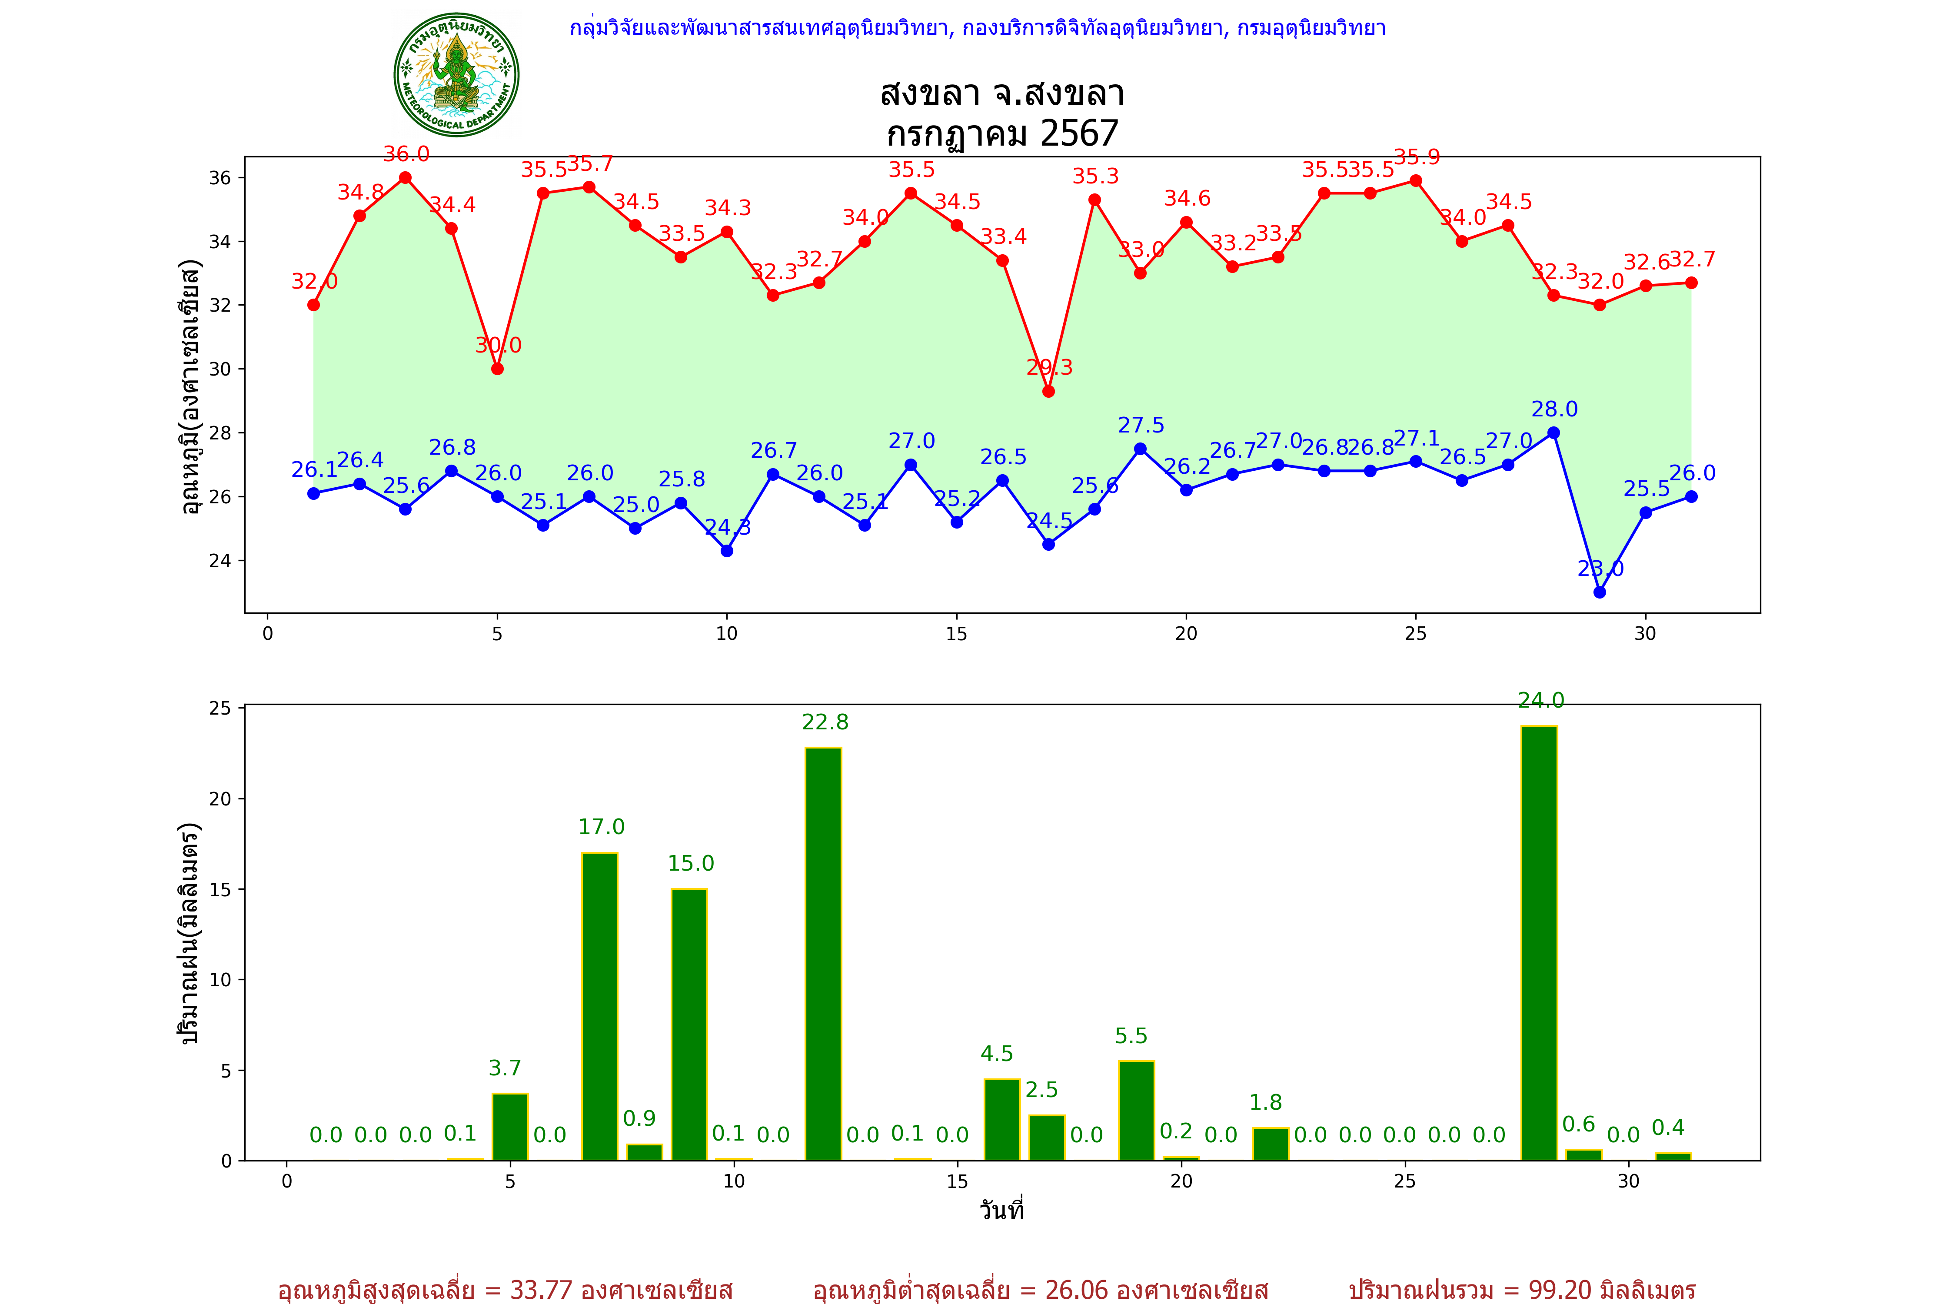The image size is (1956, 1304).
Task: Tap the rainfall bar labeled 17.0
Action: [599, 1006]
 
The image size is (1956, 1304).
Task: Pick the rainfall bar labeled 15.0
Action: [689, 1025]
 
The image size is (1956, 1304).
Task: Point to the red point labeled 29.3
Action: [1049, 391]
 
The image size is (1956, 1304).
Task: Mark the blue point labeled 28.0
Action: [1553, 432]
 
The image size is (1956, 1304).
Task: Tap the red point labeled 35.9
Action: [1415, 180]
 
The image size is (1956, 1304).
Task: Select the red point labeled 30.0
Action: [497, 369]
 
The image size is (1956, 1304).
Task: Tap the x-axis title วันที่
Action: [1001, 1210]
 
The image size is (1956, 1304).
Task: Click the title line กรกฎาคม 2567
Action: [1002, 133]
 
